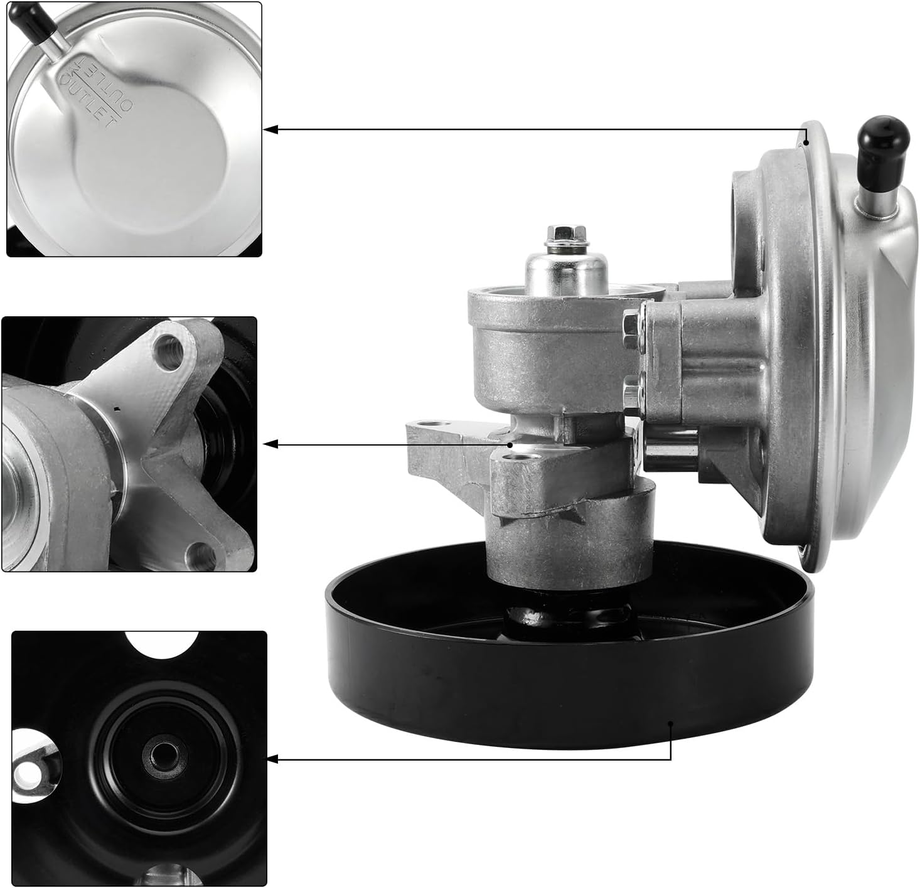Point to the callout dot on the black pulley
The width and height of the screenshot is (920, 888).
pyautogui.click(x=671, y=723)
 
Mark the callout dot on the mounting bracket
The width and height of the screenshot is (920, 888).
pyautogui.click(x=511, y=444)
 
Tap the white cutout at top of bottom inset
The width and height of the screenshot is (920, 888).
pyautogui.click(x=162, y=643)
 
